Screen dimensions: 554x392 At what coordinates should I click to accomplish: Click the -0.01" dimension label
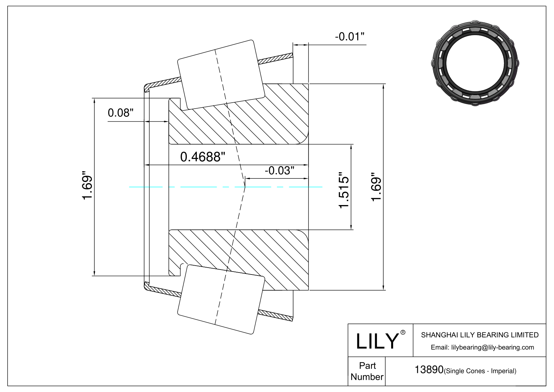click(349, 37)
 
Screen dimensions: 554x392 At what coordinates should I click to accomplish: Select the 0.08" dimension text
click(120, 113)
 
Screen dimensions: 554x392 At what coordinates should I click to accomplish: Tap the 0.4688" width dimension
click(203, 157)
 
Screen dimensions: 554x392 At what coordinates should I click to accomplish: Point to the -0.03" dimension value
click(280, 170)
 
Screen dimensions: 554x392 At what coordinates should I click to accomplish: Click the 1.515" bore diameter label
click(344, 190)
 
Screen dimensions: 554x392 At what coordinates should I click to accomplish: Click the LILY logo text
click(377, 341)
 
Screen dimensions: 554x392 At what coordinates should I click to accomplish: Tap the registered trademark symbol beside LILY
click(403, 332)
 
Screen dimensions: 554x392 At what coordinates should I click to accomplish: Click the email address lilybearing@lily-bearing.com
click(492, 348)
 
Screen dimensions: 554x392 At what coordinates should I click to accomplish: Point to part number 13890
click(429, 370)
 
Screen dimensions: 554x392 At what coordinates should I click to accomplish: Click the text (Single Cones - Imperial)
click(480, 371)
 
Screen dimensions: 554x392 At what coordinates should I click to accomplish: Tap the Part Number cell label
click(367, 371)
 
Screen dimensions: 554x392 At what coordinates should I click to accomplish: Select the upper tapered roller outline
click(221, 74)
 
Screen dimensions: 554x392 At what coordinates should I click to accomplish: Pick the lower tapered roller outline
click(221, 300)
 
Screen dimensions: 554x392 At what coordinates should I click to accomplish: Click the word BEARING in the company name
click(492, 335)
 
